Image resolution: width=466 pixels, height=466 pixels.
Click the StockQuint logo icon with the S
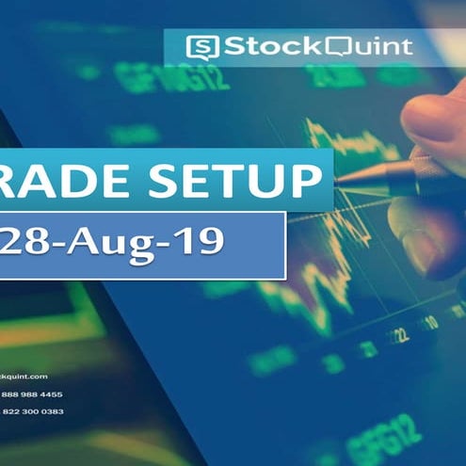click(x=202, y=46)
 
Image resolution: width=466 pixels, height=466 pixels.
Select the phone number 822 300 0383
click(x=32, y=411)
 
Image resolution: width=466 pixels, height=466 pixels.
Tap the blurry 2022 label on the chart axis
click(x=399, y=333)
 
